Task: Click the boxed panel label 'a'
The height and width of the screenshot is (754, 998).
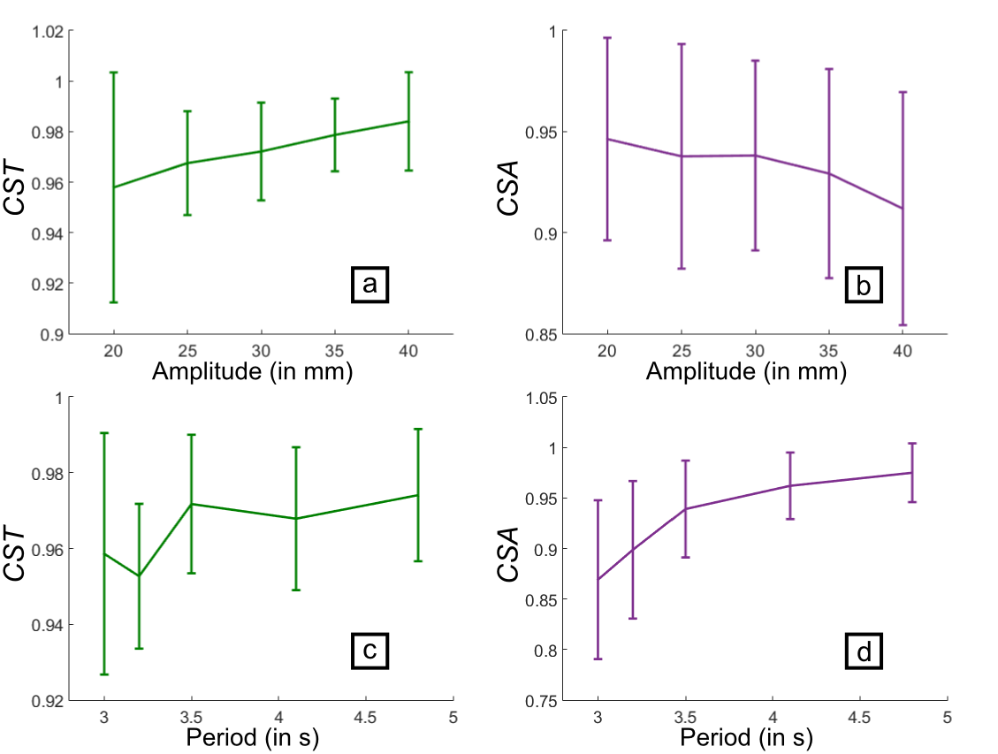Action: [x=369, y=284]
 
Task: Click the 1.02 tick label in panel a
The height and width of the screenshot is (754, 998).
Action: [x=47, y=32]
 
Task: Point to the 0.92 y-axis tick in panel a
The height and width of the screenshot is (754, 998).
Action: [x=47, y=285]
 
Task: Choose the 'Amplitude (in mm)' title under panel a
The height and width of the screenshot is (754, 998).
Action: [x=253, y=372]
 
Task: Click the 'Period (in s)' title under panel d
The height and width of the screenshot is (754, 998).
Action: [x=747, y=737]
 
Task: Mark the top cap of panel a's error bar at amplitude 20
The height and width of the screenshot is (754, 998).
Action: [x=113, y=72]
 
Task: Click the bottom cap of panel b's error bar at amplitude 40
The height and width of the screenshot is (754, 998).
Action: [x=903, y=324]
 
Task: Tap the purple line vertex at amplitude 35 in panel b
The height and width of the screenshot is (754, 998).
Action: [x=829, y=173]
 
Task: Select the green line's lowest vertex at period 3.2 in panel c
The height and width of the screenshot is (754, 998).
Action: [x=139, y=575]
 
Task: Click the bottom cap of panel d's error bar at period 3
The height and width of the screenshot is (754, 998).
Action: [x=598, y=659]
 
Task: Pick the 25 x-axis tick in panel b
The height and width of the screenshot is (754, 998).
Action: [x=681, y=351]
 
